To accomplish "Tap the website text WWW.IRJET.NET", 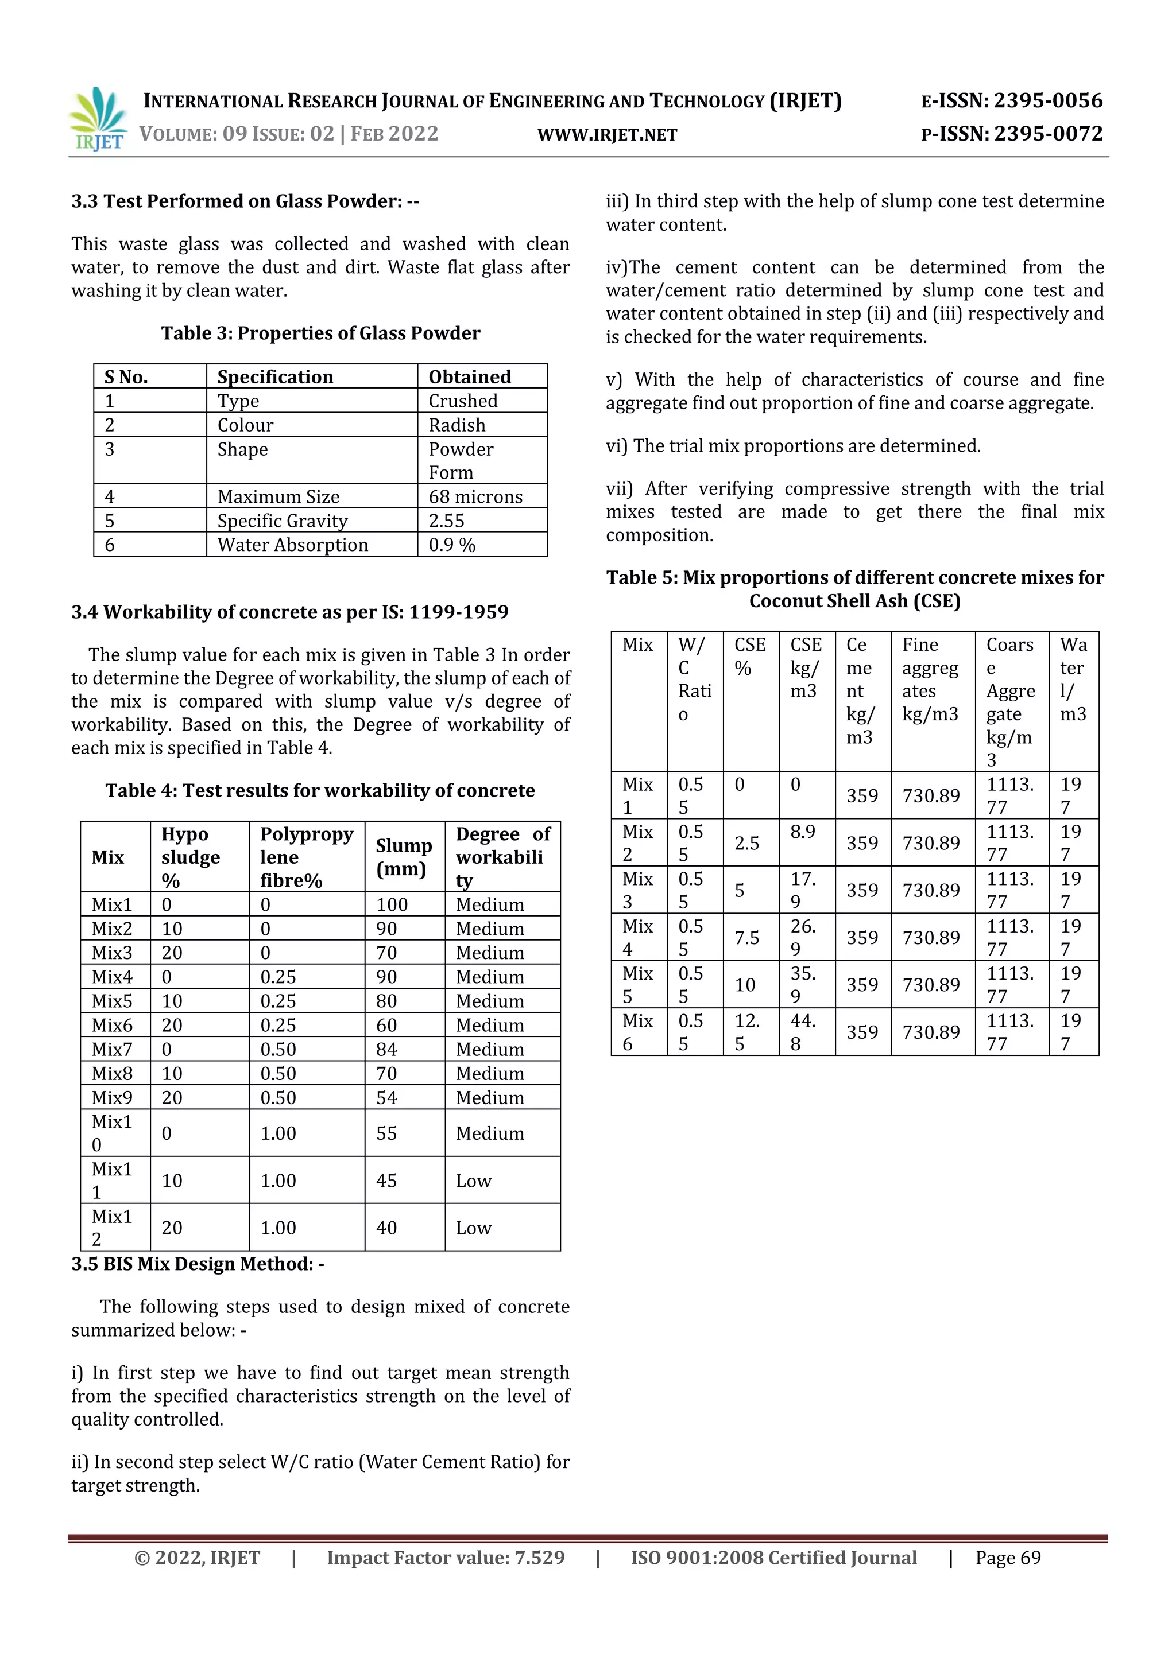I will tap(607, 135).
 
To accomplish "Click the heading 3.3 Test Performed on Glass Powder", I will tap(245, 201).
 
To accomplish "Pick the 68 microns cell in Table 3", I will tap(475, 496).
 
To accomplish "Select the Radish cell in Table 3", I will tap(457, 425).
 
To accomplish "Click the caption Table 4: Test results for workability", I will tap(320, 790).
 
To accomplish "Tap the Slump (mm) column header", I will tap(403, 857).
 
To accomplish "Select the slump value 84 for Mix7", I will tap(386, 1049).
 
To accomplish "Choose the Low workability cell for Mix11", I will tap(474, 1181).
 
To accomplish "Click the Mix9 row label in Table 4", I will tap(111, 1097).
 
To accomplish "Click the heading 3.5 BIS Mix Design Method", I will tap(198, 1264).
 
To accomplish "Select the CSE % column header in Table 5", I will tap(749, 656).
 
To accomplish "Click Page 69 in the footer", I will tap(1007, 1558).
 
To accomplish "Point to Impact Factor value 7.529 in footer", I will tap(446, 1558).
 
